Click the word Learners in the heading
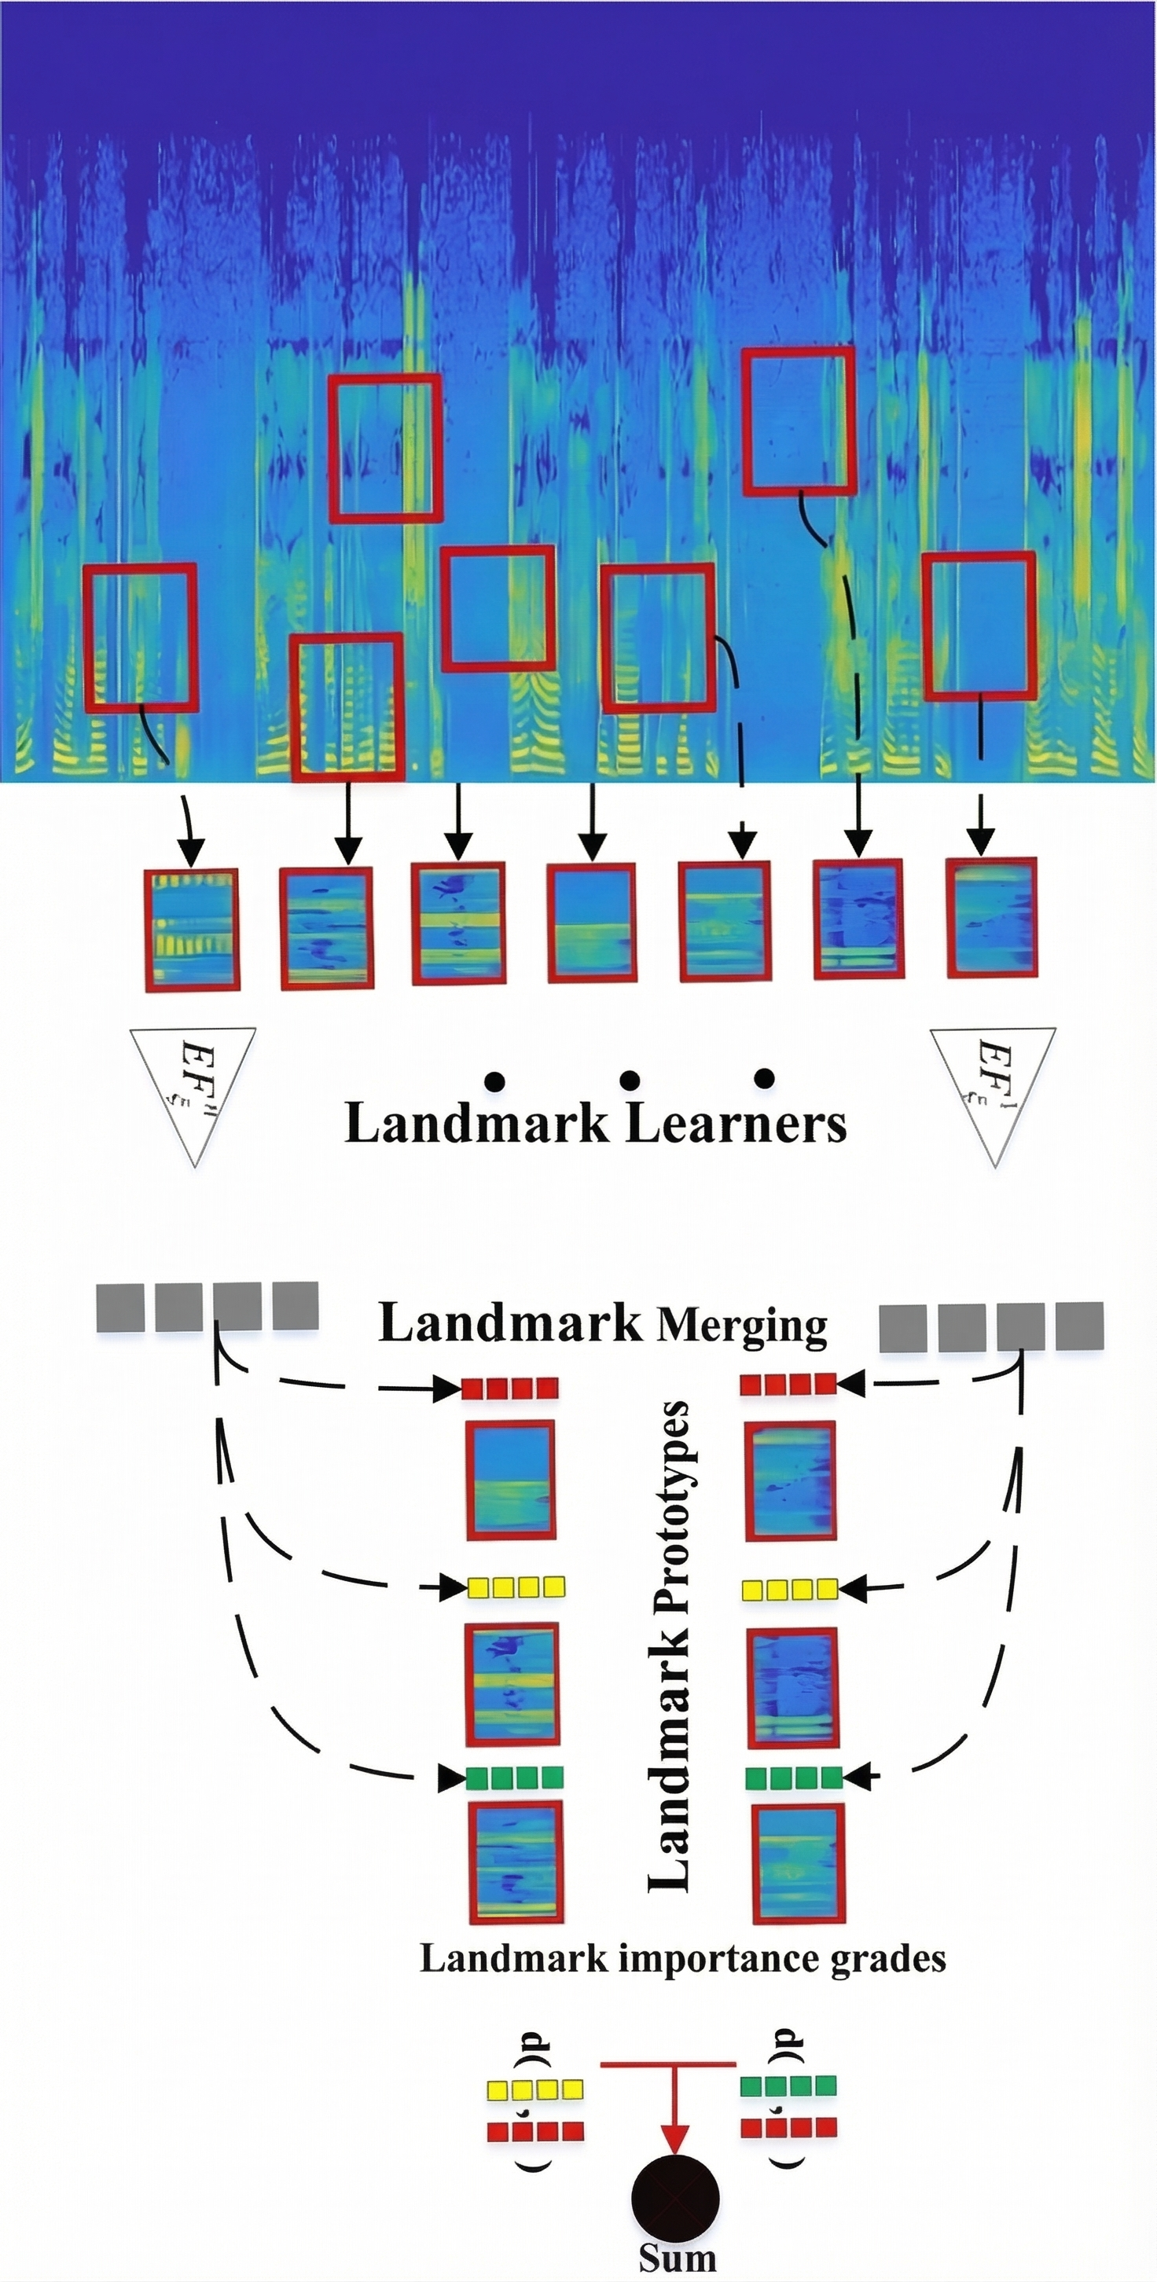[x=736, y=1123]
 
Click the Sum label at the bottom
[x=677, y=2257]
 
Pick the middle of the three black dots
[x=629, y=1080]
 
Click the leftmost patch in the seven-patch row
[x=193, y=930]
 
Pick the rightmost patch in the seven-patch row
[x=991, y=918]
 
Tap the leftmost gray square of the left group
[x=120, y=1307]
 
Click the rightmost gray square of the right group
[x=1080, y=1326]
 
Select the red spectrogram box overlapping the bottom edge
[x=347, y=708]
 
